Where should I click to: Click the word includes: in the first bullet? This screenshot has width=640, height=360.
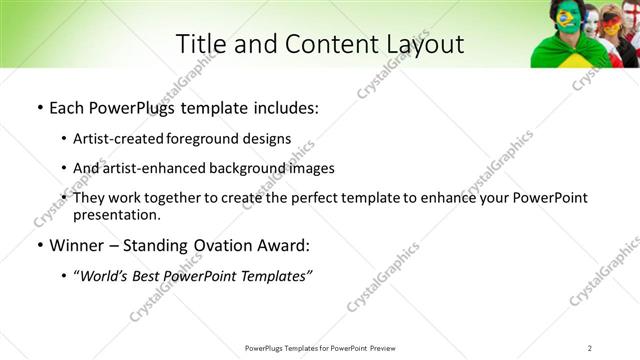(284, 108)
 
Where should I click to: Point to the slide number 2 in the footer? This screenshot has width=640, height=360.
(590, 348)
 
